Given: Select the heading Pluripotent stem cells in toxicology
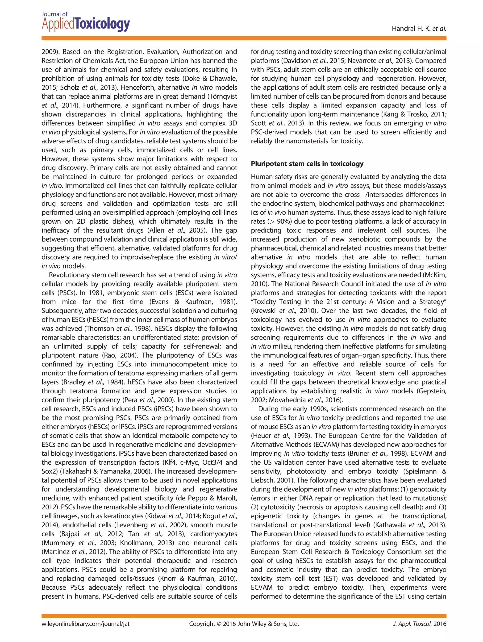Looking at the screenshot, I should point(307,164).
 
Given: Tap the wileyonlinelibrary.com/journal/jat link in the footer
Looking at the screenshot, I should point(85,624).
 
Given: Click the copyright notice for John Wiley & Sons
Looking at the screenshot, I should point(244,624).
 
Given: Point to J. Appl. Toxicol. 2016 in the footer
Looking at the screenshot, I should point(419,624).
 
